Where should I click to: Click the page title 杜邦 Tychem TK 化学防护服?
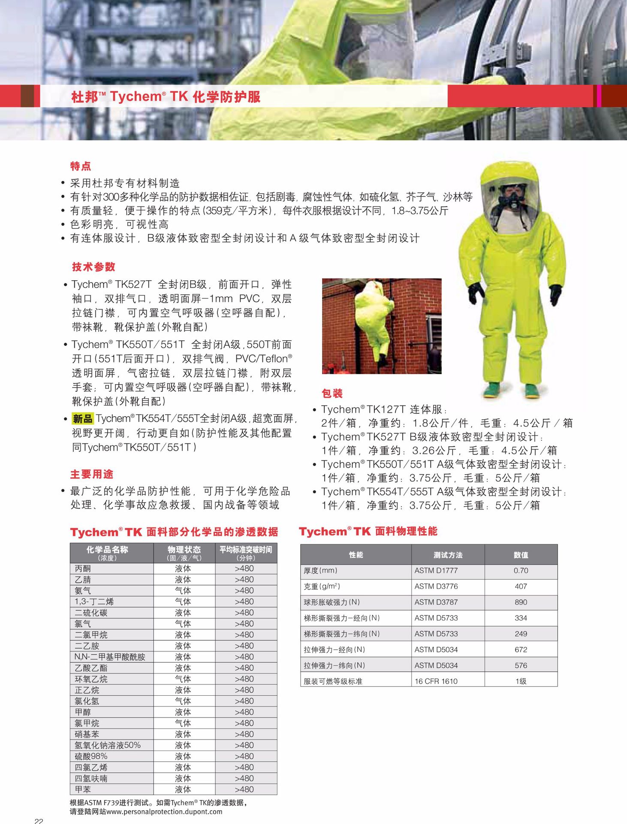point(166,97)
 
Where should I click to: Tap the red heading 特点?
point(81,166)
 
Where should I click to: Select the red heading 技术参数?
point(93,267)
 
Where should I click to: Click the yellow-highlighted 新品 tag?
point(82,419)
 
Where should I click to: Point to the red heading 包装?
point(332,394)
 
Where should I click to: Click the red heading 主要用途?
point(92,474)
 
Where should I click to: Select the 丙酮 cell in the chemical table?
point(83,569)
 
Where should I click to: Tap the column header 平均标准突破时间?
point(246,550)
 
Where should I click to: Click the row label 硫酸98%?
point(91,756)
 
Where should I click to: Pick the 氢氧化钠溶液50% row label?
point(108,745)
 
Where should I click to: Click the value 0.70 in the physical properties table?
point(521,571)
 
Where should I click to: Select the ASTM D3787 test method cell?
point(436,603)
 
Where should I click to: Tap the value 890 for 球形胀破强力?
point(521,603)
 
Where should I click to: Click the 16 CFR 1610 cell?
point(436,682)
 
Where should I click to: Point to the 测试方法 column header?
point(448,555)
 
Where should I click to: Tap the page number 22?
point(39,821)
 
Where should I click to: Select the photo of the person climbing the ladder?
point(382,326)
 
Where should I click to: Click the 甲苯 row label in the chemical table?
point(83,789)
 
